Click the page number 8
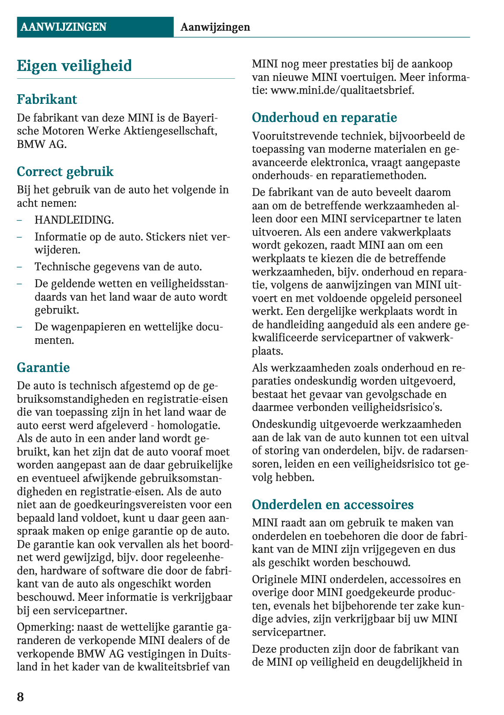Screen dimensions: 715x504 (20, 697)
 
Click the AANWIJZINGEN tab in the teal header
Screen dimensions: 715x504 (63, 27)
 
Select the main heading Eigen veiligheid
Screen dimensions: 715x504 (74, 66)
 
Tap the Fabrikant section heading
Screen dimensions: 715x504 (47, 99)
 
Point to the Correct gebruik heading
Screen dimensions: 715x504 (65, 172)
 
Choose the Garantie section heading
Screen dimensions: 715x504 (43, 368)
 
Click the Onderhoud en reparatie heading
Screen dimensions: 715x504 (324, 118)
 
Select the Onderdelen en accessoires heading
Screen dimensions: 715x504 (333, 505)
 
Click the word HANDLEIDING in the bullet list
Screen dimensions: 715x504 (74, 220)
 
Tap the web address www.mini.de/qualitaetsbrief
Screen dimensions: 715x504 (342, 90)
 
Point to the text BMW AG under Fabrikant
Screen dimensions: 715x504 (42, 144)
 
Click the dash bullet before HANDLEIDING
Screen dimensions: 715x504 (19, 220)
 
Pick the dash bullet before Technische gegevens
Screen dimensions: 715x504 (19, 266)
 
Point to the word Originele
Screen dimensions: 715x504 (275, 579)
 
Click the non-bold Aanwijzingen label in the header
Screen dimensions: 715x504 (215, 27)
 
